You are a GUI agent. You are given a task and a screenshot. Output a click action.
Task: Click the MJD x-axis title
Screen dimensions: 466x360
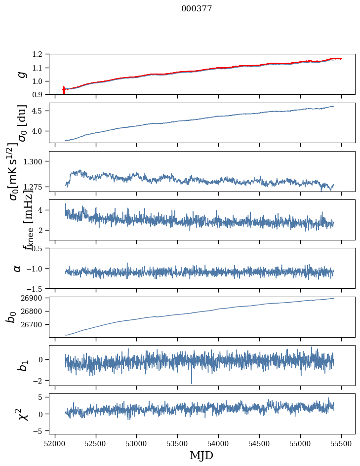[x=201, y=455]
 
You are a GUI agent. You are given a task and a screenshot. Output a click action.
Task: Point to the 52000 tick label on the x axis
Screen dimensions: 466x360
[x=55, y=442]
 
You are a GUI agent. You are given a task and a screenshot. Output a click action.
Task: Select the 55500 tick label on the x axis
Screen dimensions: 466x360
[x=342, y=442]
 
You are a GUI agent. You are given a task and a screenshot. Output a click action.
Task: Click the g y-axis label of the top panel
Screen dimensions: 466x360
[x=21, y=74]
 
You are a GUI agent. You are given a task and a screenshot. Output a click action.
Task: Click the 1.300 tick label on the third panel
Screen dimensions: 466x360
[x=39, y=161]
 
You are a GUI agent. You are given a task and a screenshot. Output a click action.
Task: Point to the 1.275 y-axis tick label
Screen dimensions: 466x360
[x=39, y=187]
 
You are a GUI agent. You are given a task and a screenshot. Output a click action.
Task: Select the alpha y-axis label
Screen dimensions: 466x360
[x=17, y=268]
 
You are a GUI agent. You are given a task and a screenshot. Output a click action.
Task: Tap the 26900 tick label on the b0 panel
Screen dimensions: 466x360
[x=37, y=298]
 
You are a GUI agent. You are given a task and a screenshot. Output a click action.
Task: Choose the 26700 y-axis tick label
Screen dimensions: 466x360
[x=37, y=325]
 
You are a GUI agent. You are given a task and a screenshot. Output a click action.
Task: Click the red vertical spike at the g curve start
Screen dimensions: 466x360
[x=64, y=90]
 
